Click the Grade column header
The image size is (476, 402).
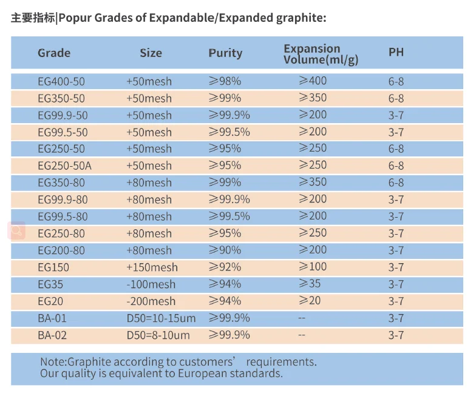coord(54,53)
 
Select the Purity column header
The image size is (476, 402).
coord(225,53)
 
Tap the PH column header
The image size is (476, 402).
coord(396,53)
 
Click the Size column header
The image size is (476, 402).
coord(151,53)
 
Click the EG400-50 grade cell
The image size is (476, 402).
coord(61,81)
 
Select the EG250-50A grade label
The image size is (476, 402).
coord(64,166)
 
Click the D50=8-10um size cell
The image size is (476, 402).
coord(158,335)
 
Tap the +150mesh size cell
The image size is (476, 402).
coord(152,267)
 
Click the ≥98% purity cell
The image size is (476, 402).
coord(225,81)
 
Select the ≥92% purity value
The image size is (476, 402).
coord(225,267)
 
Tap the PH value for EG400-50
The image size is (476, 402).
coord(396,81)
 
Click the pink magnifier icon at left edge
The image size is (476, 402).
coord(16,230)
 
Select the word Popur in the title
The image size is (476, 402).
coord(76,18)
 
